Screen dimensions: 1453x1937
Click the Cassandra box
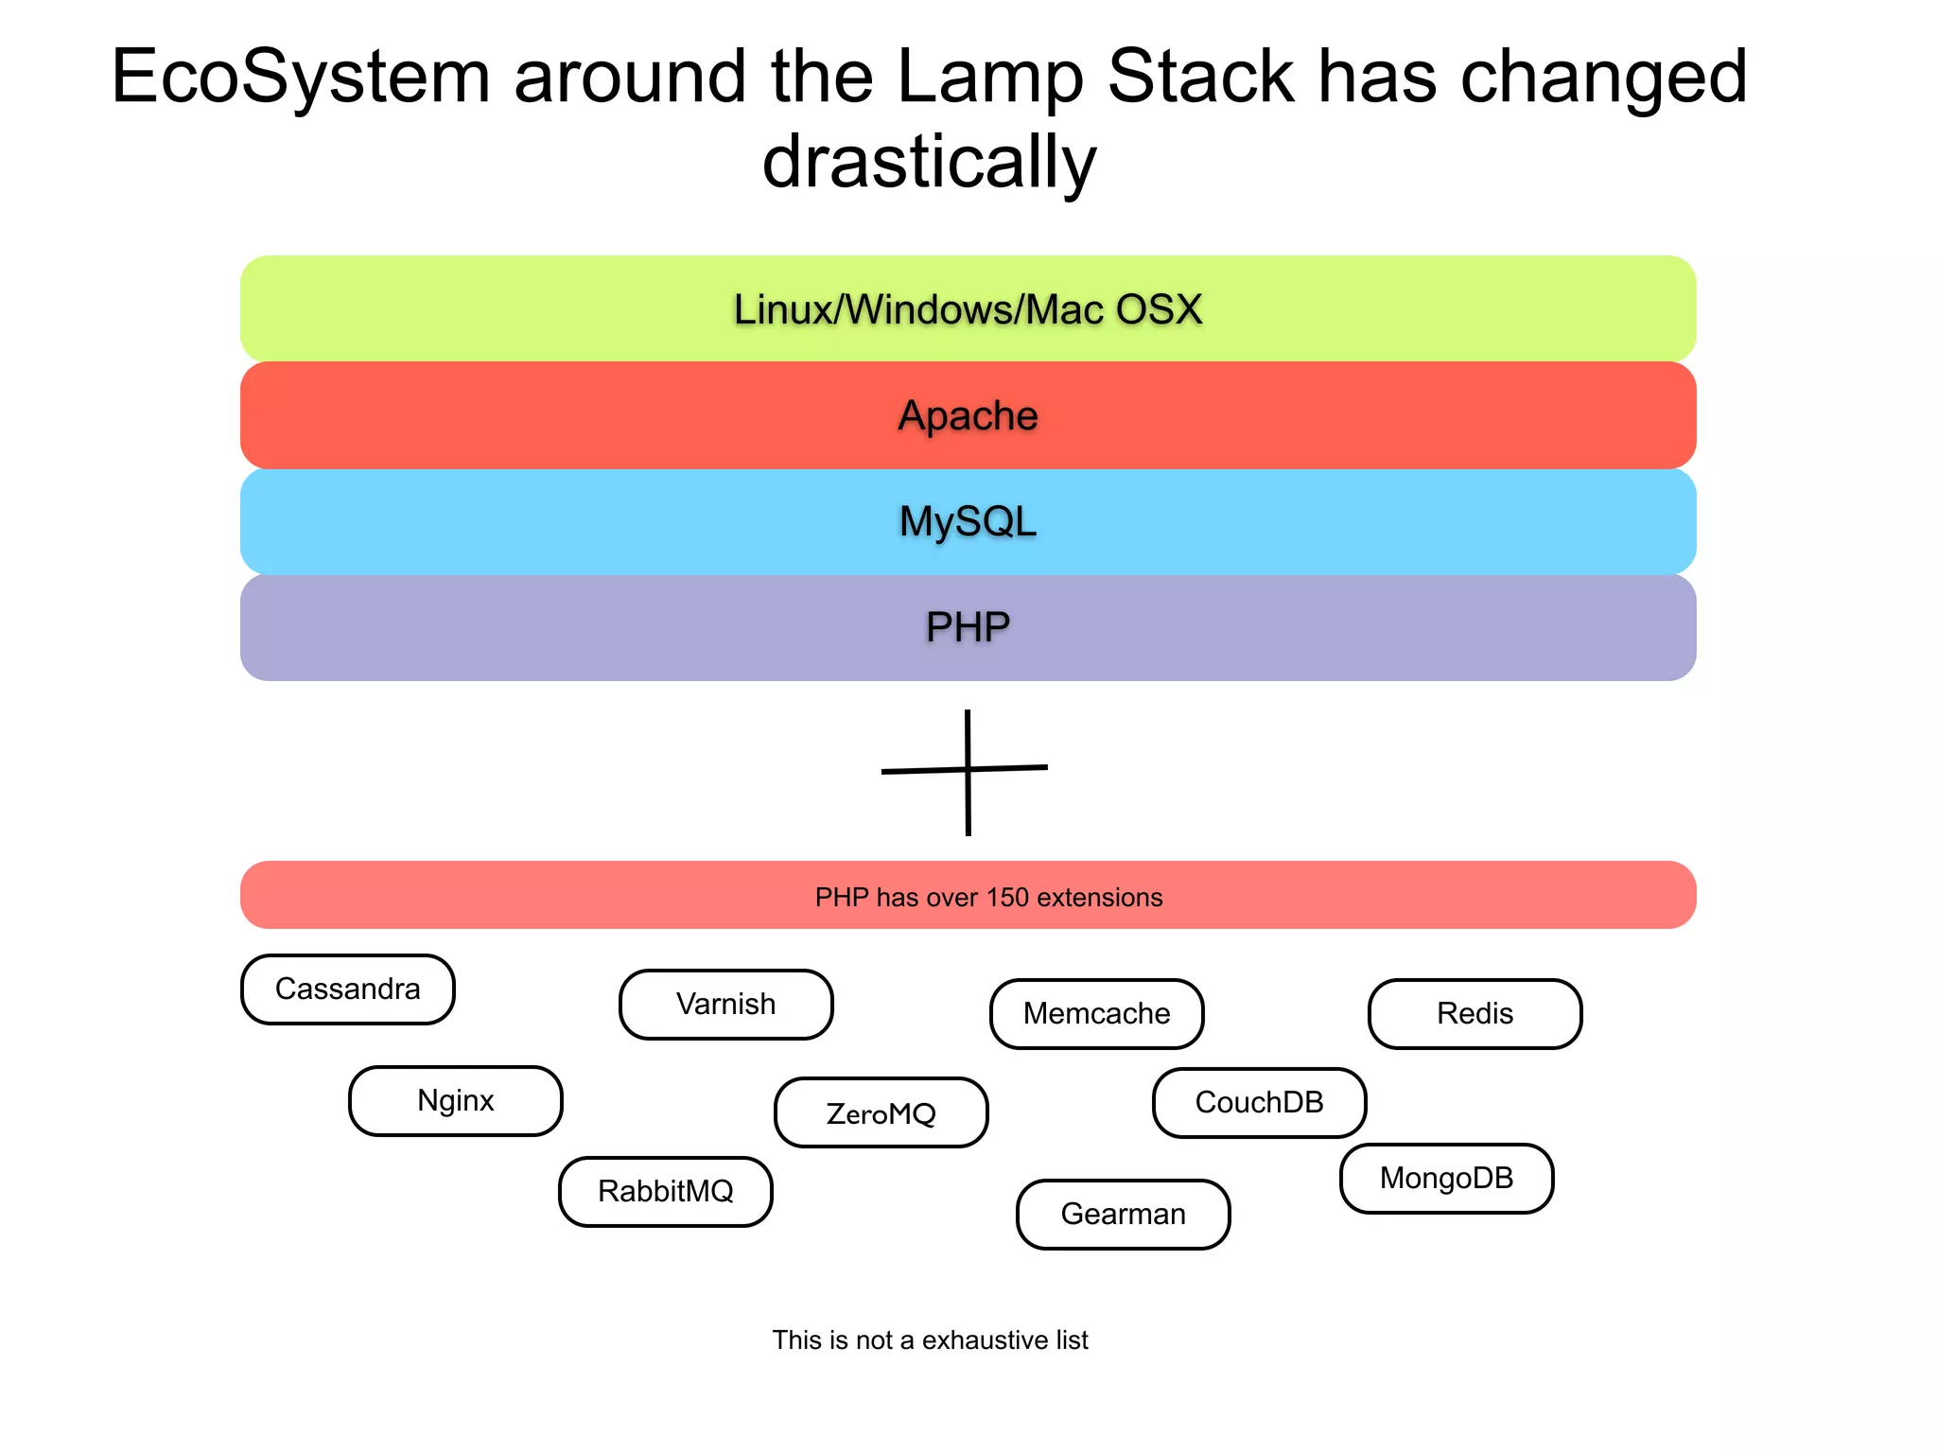[348, 989]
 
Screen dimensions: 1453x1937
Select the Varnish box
[726, 1005]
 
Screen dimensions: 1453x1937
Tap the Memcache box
[1097, 1014]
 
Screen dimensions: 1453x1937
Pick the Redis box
[1475, 1014]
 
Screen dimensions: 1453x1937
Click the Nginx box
[456, 1101]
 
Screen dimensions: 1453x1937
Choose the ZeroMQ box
[881, 1113]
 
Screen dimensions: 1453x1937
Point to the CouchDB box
[1260, 1103]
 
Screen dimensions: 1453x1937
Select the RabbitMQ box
[666, 1192]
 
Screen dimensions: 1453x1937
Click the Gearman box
[1124, 1215]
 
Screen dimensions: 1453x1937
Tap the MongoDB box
[1447, 1179]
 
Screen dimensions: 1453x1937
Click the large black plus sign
[968, 770]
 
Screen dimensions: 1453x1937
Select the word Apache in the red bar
[968, 416]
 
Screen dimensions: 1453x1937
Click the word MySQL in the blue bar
[968, 522]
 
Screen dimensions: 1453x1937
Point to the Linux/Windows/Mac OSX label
[968, 310]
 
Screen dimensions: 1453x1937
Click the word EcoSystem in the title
[301, 78]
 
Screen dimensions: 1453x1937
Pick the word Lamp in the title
[989, 78]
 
